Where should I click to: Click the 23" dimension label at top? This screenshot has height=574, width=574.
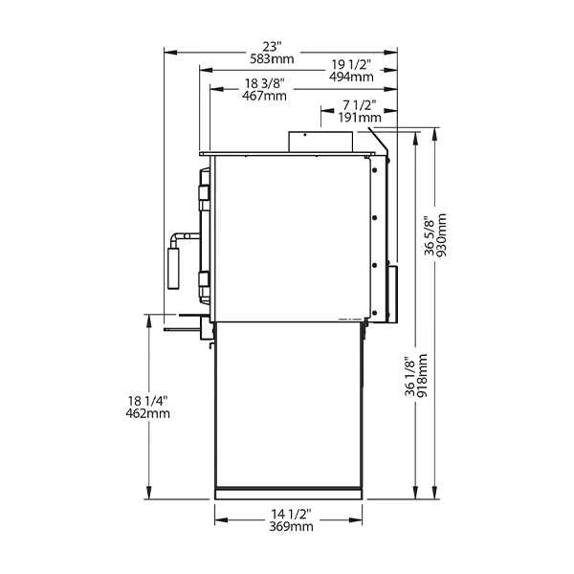point(276,46)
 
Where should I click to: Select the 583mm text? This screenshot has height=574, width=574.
point(276,58)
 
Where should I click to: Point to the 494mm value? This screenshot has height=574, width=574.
point(351,77)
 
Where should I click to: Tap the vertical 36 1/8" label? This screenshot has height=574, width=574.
point(408,376)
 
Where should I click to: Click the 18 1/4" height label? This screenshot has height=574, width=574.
point(148,400)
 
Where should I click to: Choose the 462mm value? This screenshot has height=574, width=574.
point(148,413)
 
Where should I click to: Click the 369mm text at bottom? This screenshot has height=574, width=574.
point(289,527)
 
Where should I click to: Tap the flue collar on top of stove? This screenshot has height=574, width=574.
point(320,142)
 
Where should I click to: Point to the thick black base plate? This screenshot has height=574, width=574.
point(289,495)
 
